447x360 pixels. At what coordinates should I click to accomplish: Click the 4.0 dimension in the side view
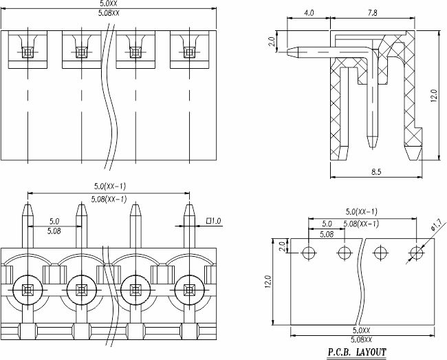pos(309,13)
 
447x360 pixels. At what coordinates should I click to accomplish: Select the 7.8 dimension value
pos(372,13)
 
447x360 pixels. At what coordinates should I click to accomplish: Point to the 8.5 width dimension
pos(376,171)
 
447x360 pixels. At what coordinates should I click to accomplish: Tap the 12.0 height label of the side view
pos(434,96)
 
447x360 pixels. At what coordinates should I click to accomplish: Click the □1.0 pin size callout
pos(213,221)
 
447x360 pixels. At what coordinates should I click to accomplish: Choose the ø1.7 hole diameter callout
pos(436,224)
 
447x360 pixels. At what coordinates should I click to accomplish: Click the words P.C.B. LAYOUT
pos(356,352)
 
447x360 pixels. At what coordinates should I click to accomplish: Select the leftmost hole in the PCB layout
pos(309,253)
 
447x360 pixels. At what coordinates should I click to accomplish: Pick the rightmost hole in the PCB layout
pos(417,253)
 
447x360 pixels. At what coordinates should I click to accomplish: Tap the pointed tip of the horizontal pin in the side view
pos(287,52)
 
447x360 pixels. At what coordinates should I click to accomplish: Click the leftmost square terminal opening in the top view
pos(28,52)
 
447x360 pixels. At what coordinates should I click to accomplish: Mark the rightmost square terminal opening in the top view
pos(190,52)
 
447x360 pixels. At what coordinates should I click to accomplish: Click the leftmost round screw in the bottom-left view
pos(28,290)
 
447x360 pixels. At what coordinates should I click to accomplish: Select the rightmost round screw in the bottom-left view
pos(190,290)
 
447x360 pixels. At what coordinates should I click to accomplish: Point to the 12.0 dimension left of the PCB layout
pos(268,282)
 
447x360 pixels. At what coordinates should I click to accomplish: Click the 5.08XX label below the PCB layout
pos(361,339)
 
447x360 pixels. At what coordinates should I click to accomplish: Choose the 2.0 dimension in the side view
pos(272,41)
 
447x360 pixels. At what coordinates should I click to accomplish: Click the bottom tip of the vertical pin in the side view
pos(373,148)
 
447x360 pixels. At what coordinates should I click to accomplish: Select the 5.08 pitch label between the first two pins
pos(54,231)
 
